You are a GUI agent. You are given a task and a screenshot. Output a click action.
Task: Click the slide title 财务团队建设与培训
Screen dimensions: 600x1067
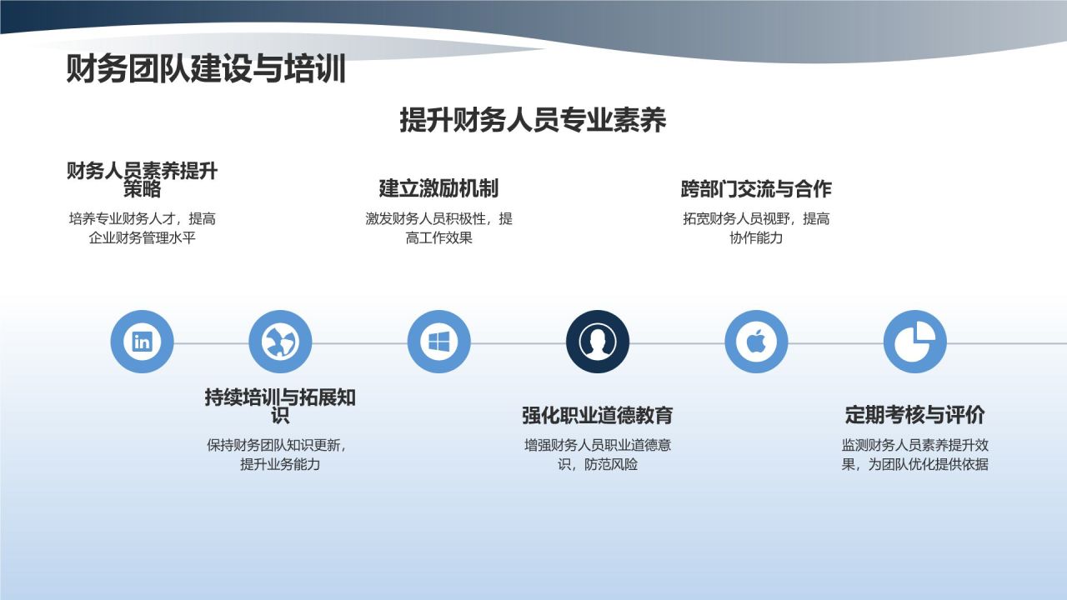click(206, 70)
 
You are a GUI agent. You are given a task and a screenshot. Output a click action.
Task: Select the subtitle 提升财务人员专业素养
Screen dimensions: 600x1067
click(533, 120)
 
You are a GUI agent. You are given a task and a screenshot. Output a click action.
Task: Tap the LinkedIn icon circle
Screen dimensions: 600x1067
click(142, 342)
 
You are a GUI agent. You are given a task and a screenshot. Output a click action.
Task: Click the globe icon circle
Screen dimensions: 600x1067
click(280, 342)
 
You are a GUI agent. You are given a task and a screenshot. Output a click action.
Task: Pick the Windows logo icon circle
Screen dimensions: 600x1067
click(438, 342)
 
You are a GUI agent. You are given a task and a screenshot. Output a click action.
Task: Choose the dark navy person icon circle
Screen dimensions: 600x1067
click(598, 342)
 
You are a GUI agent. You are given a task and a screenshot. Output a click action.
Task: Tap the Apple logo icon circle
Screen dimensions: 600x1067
click(756, 342)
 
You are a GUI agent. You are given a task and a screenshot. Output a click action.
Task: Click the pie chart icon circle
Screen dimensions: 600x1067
click(915, 342)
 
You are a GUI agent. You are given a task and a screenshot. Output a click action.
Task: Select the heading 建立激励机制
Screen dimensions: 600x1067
click(438, 188)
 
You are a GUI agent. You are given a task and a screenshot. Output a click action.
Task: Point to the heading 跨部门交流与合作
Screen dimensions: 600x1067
click(756, 189)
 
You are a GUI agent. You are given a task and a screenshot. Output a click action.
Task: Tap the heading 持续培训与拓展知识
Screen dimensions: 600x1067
click(280, 406)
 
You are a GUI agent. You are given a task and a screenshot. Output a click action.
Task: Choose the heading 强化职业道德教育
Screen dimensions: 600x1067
click(598, 415)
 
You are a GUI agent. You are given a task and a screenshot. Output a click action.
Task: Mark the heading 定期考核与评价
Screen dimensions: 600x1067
click(915, 415)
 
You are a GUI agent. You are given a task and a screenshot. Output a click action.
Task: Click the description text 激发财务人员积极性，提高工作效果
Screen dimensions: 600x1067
click(438, 228)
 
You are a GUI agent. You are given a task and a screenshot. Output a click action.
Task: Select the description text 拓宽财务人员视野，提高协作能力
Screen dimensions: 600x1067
click(756, 228)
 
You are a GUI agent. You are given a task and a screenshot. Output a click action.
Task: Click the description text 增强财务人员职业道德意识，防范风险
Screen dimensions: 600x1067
click(598, 454)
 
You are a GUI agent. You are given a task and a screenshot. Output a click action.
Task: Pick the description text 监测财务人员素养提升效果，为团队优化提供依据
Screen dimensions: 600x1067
click(915, 454)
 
